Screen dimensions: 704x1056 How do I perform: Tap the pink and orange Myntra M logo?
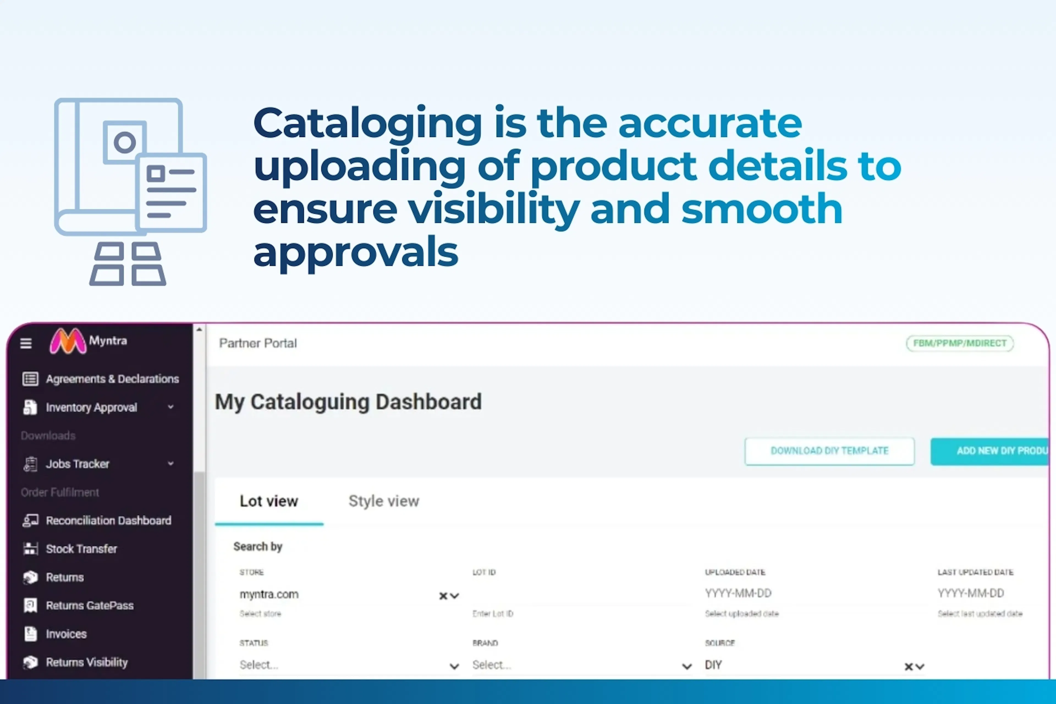67,341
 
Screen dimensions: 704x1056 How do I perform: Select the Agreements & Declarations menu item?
112,379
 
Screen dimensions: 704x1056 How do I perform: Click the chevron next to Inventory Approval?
170,407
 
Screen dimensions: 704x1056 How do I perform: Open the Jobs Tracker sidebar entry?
77,464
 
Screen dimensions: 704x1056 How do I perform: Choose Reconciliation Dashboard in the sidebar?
108,520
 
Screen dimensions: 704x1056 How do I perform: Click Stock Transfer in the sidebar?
81,549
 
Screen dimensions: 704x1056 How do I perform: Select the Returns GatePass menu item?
89,605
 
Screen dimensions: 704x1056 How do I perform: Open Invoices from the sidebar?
66,634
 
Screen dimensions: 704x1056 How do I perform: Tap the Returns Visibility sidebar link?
87,662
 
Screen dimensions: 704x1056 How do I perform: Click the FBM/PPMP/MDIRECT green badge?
959,343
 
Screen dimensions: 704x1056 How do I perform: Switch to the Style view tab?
383,501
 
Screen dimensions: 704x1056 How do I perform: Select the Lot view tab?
268,501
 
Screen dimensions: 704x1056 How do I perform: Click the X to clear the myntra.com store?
443,596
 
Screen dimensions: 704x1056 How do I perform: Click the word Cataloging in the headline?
367,123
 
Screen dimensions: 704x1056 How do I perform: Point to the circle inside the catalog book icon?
124,143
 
